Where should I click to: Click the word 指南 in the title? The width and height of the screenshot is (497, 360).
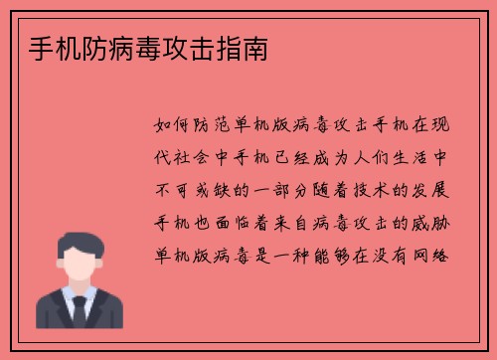coord(244,46)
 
